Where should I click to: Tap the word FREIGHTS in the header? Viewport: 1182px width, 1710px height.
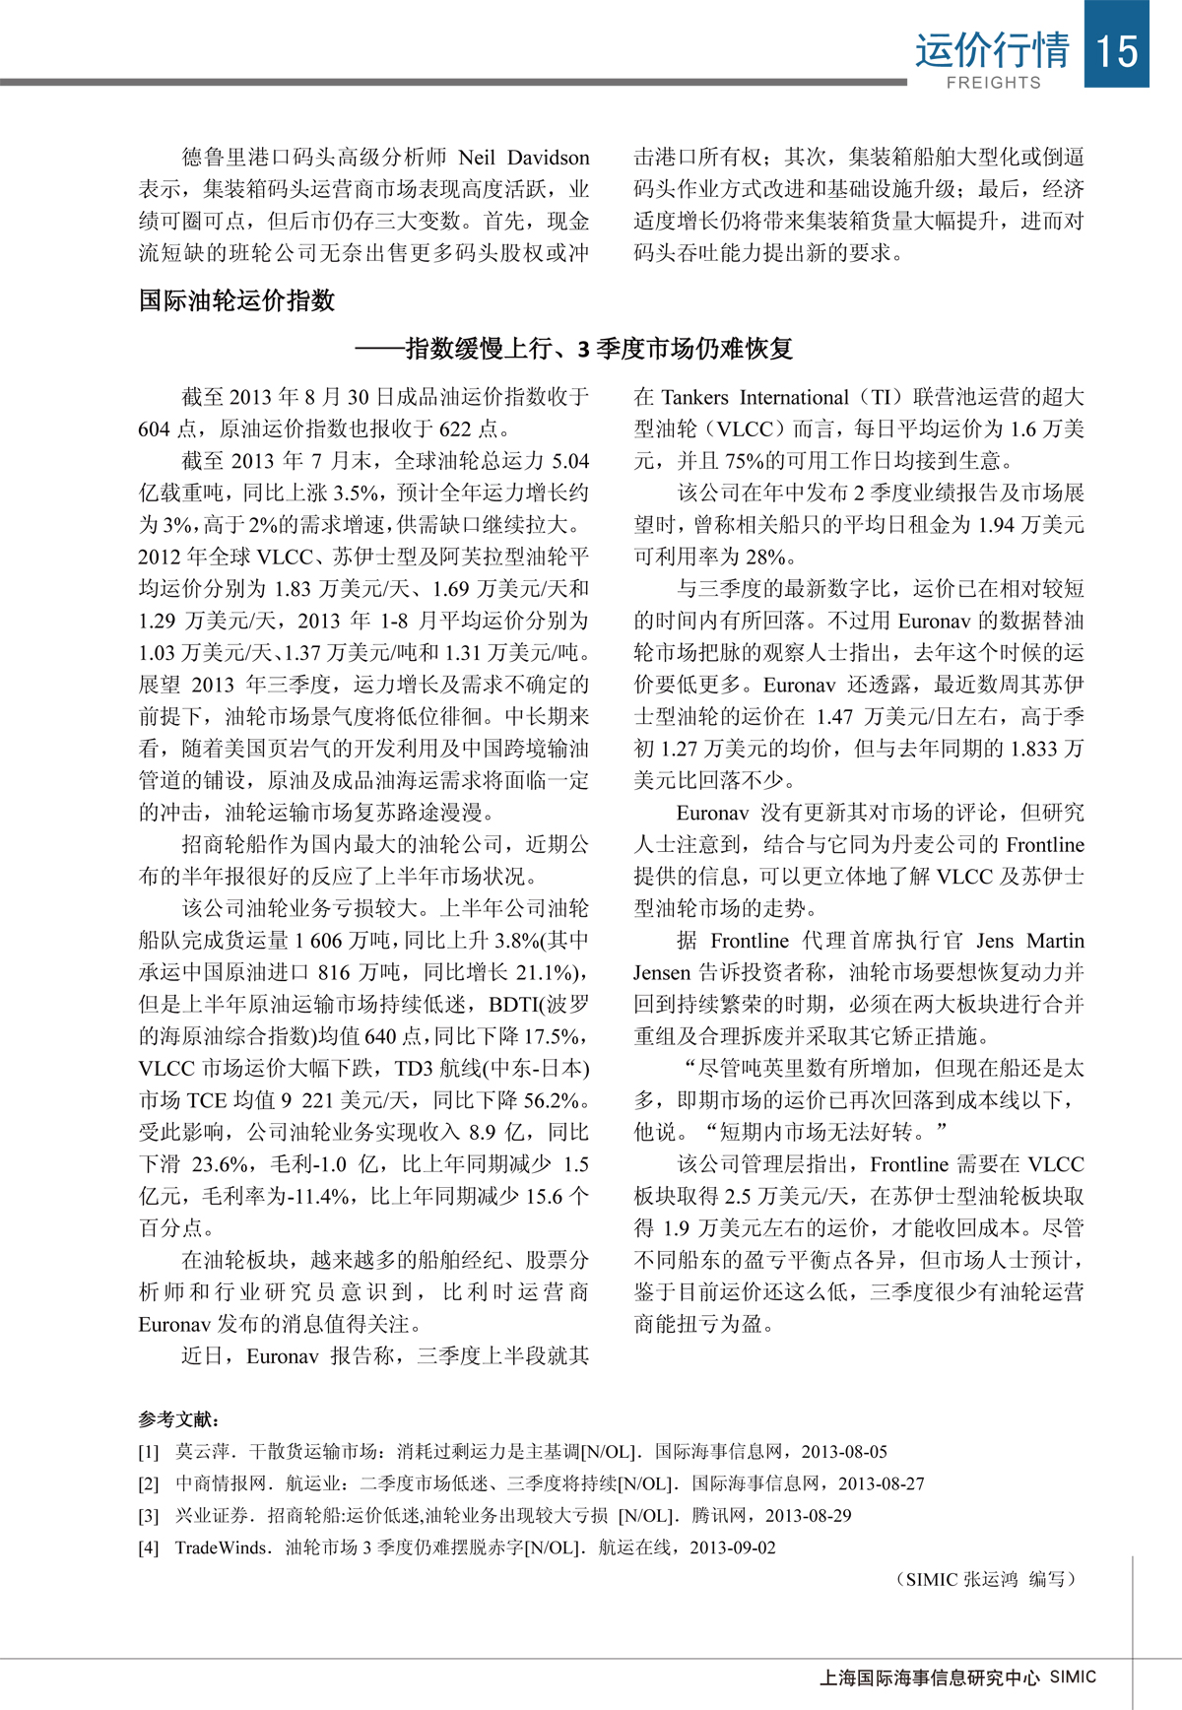[993, 83]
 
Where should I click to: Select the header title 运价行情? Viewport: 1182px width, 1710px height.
[992, 49]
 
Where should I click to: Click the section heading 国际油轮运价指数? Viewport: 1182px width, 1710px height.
[236, 300]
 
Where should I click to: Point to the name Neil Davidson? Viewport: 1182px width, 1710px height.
[524, 158]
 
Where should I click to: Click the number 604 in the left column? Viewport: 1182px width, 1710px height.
[156, 428]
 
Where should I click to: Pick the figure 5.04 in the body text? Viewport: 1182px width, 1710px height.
[569, 461]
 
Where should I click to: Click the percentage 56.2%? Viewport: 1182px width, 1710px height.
[552, 1100]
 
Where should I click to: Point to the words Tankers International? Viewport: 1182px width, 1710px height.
[755, 397]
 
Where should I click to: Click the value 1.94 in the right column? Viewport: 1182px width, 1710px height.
[994, 525]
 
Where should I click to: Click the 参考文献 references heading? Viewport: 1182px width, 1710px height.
[178, 1419]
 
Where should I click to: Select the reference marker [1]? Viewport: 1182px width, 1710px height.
[148, 1452]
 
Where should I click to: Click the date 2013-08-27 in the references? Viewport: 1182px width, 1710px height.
[882, 1483]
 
